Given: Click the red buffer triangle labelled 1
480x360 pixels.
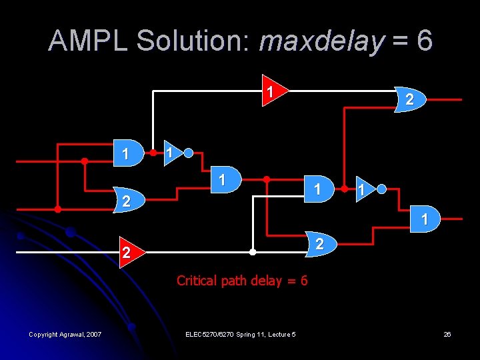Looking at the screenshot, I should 272,90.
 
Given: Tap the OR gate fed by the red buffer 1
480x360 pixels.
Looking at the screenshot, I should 409,100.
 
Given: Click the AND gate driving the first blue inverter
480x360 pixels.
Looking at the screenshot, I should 129,153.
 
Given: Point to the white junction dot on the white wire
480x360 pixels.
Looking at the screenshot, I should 252,253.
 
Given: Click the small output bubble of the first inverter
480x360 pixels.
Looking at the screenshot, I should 189,153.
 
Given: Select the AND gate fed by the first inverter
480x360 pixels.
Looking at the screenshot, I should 224,180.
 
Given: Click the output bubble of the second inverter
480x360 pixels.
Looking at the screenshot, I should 381,189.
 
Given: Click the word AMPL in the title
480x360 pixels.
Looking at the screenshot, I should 89,41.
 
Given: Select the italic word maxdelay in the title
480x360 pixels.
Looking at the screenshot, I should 322,41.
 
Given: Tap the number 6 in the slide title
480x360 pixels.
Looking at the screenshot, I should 424,41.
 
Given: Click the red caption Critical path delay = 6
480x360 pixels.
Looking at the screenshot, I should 242,281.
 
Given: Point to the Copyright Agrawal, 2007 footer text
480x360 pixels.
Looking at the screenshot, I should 65,334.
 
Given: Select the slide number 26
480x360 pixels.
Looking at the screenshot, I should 447,334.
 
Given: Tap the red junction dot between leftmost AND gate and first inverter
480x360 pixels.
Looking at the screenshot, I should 154,153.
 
